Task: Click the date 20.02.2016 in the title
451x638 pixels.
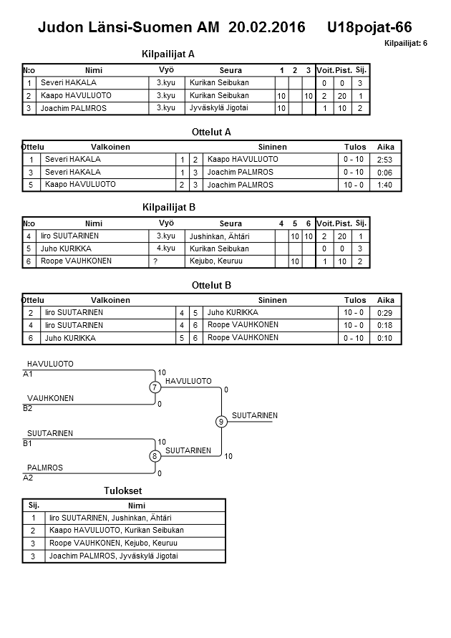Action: click(x=267, y=27)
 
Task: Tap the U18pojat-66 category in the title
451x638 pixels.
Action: click(x=369, y=27)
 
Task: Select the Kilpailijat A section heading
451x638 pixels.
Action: click(x=169, y=54)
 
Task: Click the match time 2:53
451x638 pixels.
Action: click(x=384, y=160)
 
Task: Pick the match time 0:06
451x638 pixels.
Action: click(x=384, y=173)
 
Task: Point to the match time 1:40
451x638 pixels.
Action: click(x=384, y=185)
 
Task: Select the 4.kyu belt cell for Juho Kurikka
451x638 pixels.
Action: click(x=165, y=248)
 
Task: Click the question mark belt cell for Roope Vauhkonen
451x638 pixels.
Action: click(x=155, y=261)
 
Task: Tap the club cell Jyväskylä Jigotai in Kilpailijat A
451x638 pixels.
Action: click(x=219, y=108)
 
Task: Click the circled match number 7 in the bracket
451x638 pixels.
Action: click(x=154, y=387)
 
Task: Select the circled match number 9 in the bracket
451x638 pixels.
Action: click(x=221, y=422)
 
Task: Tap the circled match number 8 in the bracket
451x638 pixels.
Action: click(x=154, y=456)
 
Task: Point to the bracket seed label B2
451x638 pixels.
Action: click(x=28, y=409)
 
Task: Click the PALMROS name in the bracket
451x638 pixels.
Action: click(x=45, y=468)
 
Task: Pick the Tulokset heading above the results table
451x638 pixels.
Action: click(x=123, y=491)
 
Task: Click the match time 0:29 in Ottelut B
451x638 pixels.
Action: click(x=384, y=313)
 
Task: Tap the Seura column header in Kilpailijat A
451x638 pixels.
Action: click(x=231, y=70)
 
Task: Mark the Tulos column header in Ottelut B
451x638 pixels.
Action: click(x=355, y=301)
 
